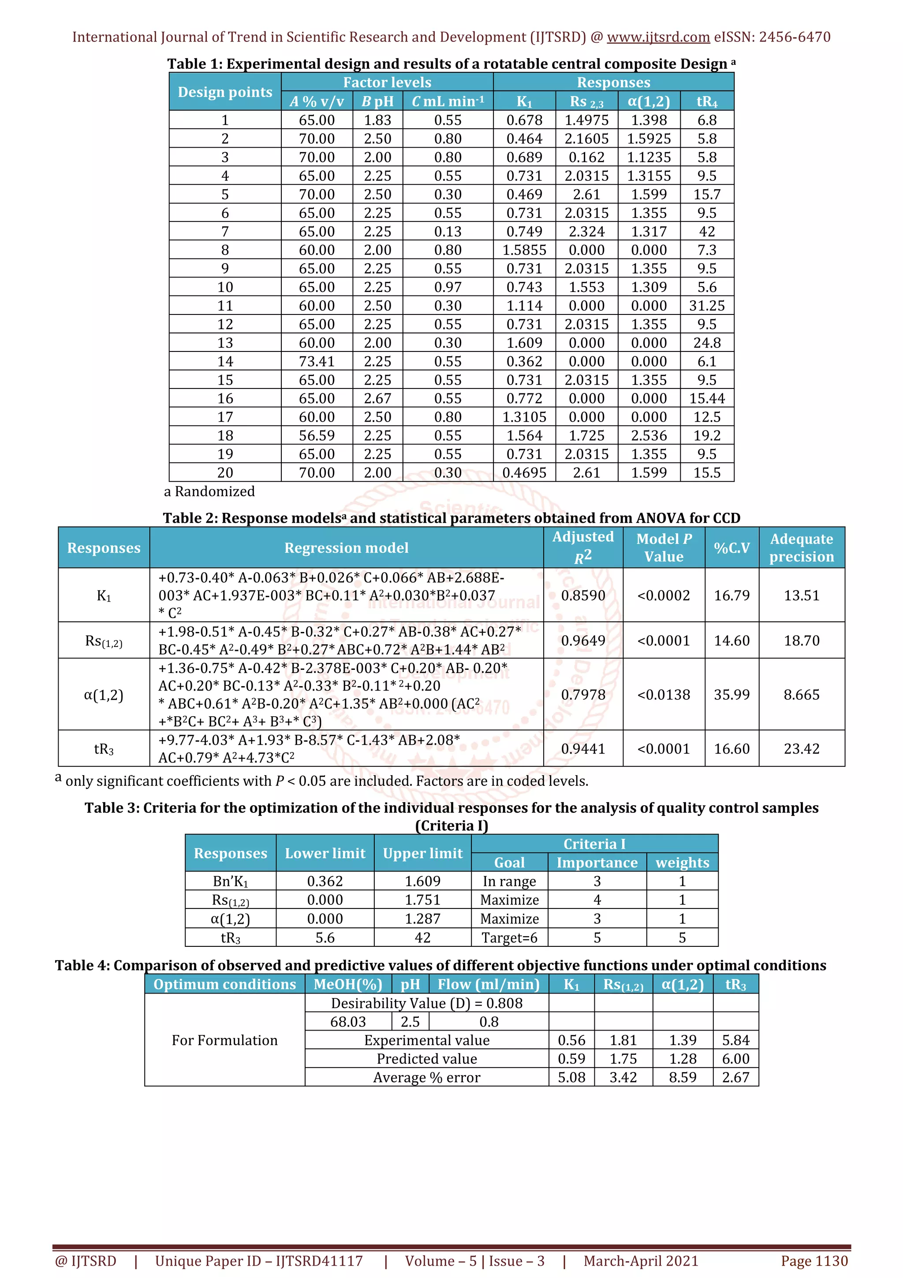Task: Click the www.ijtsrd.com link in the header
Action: click(658, 37)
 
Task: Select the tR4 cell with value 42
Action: click(707, 232)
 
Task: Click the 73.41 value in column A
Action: click(317, 361)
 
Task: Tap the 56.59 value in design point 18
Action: click(317, 435)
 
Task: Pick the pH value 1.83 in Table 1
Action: click(377, 120)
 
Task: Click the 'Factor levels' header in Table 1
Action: click(387, 82)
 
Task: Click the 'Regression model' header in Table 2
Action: click(346, 548)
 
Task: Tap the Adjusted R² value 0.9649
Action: click(582, 641)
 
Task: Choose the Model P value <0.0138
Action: click(663, 695)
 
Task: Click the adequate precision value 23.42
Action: click(801, 749)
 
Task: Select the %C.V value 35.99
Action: click(731, 695)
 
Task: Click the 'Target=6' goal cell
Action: click(509, 938)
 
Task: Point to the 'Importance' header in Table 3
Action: click(597, 863)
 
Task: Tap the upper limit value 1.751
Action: click(422, 900)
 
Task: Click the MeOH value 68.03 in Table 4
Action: click(348, 1022)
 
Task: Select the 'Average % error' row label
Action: click(426, 1078)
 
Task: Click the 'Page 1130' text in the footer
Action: click(814, 1261)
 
